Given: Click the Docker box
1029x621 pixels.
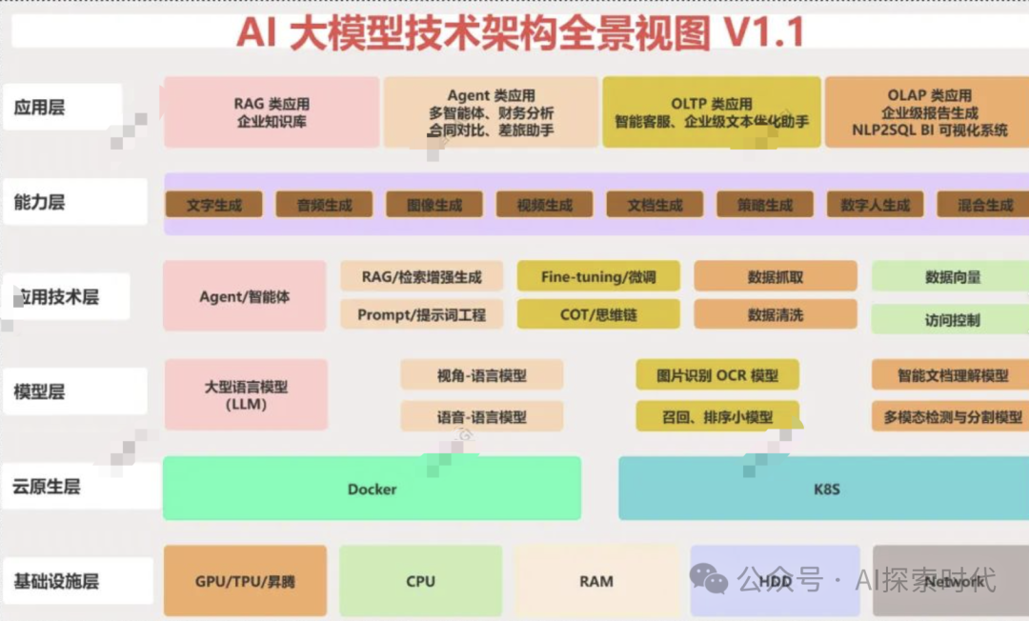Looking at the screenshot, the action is click(372, 489).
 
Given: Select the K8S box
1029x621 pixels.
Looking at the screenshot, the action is click(825, 489).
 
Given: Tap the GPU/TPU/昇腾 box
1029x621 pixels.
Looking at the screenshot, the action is click(245, 581).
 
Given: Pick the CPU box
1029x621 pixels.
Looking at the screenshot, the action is click(420, 581).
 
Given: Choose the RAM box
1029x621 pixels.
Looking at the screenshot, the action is click(596, 581).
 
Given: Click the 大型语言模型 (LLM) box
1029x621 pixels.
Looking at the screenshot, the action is click(246, 394).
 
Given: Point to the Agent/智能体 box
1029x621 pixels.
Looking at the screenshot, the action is click(244, 296).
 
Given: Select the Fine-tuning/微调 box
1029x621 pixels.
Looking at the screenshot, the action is click(598, 276).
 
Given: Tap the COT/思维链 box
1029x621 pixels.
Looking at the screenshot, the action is click(598, 314).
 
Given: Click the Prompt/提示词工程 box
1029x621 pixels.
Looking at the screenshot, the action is click(422, 314).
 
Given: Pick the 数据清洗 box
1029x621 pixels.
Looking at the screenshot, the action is click(776, 314).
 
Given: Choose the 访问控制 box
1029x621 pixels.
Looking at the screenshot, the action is click(951, 319).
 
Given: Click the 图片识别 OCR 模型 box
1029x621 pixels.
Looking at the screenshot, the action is click(717, 375).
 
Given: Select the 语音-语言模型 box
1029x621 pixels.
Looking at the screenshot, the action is click(481, 416).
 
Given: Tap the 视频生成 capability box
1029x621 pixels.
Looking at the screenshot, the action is click(544, 204).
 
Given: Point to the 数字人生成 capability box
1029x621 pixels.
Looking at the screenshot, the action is click(875, 204).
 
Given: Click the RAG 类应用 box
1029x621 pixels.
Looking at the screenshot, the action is click(272, 112).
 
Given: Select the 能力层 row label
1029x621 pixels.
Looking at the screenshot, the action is click(40, 202).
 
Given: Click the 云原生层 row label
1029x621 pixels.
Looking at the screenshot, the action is click(47, 487).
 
